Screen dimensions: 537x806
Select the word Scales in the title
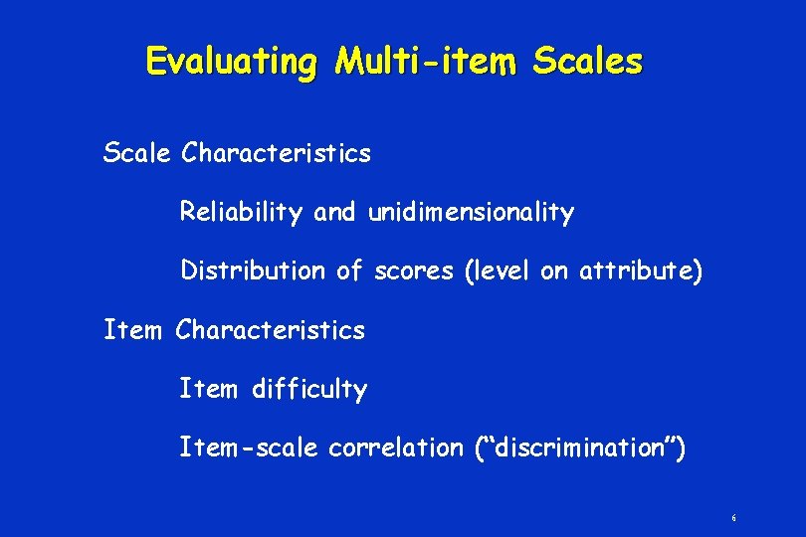tap(588, 62)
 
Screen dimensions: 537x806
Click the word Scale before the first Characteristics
tap(139, 153)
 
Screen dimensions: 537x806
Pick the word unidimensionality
tap(471, 212)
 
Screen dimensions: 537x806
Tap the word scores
tap(415, 270)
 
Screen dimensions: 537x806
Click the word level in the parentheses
tap(503, 270)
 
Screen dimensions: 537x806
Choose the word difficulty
tap(309, 389)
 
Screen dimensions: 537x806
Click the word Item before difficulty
tap(208, 389)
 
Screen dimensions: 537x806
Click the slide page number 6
tap(733, 518)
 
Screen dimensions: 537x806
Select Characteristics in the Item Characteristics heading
tap(271, 329)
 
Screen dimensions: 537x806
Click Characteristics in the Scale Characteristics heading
tap(277, 153)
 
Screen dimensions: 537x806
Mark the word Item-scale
tap(249, 447)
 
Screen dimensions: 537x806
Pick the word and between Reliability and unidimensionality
tap(334, 212)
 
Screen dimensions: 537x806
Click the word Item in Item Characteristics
tap(132, 329)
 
